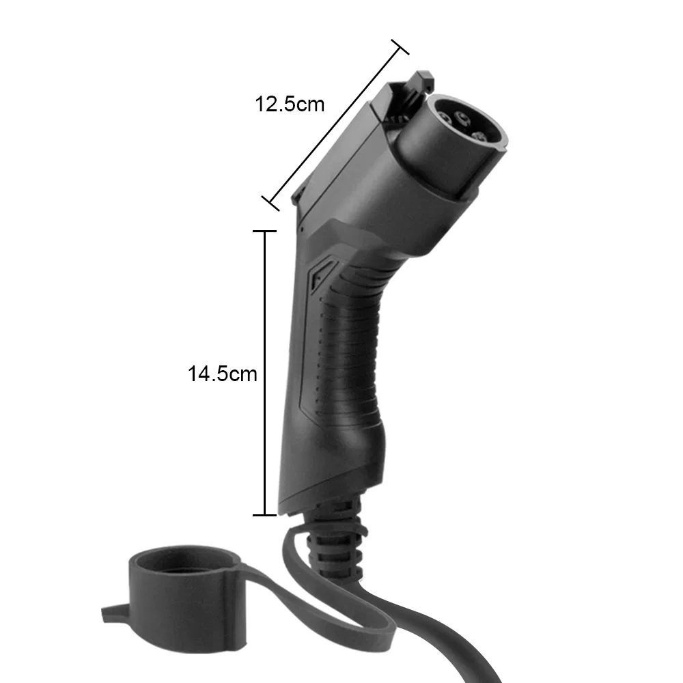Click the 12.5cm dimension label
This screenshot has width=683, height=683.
pyautogui.click(x=289, y=104)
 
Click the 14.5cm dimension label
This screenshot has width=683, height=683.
pyautogui.click(x=223, y=374)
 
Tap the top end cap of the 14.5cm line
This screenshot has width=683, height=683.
pyautogui.click(x=264, y=232)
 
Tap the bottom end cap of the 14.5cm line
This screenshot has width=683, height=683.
pyautogui.click(x=264, y=515)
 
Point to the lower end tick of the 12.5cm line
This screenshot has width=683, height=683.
pyautogui.click(x=271, y=203)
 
